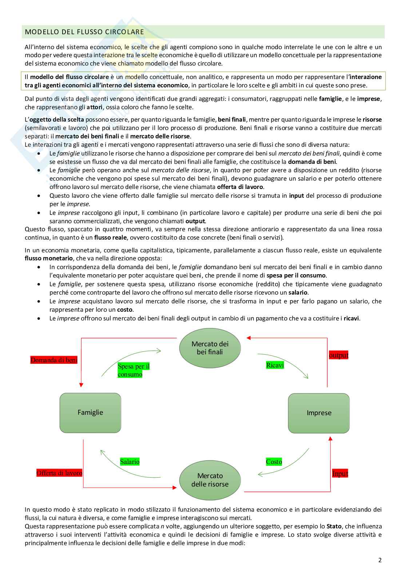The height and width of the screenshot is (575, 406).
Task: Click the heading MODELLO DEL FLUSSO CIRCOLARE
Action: click(84, 32)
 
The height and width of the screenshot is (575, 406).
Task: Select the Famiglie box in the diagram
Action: click(90, 413)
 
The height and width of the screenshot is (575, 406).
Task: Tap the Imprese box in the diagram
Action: click(319, 413)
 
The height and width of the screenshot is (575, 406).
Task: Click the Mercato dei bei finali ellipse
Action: click(210, 348)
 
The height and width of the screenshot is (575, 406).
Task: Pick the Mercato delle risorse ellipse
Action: click(210, 480)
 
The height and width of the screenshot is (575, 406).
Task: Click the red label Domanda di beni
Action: click(54, 360)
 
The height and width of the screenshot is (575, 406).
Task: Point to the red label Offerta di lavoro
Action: click(59, 473)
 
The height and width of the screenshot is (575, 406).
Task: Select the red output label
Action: click(338, 355)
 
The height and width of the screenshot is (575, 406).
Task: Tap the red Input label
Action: click(340, 473)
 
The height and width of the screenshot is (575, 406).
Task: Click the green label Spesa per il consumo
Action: click(134, 370)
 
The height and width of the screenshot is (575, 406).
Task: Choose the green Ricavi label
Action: click(275, 365)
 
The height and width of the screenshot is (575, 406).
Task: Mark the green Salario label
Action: click(130, 462)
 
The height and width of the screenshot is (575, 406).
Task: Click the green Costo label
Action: click(274, 462)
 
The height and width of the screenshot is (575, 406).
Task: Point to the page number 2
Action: click(380, 560)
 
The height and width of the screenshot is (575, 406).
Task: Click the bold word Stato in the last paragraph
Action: click(334, 526)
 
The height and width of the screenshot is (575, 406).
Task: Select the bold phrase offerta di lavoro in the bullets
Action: click(240, 187)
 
